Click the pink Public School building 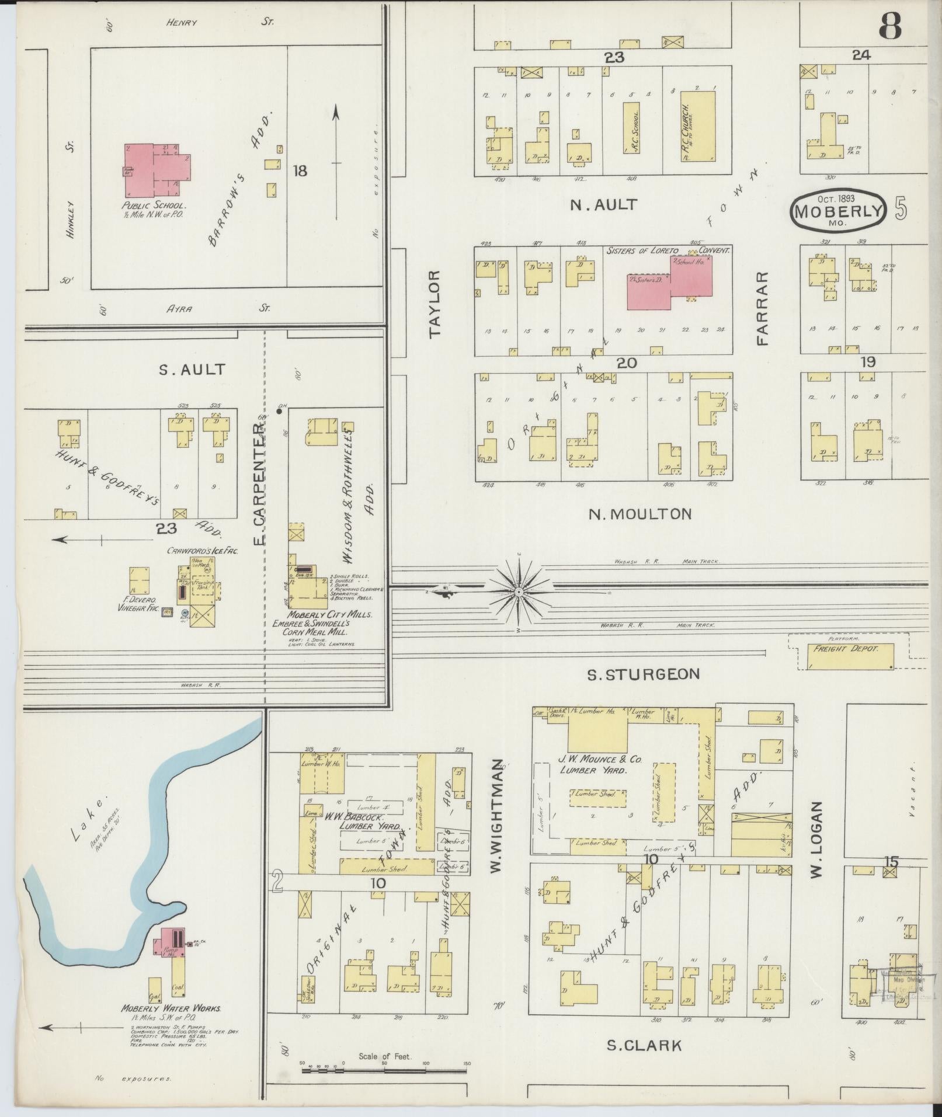[x=155, y=171]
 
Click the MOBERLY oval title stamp [x=838, y=211]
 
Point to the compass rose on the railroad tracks [x=519, y=591]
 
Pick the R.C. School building [x=631, y=128]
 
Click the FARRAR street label [x=762, y=308]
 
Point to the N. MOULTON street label [x=639, y=514]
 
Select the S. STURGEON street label [x=642, y=674]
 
